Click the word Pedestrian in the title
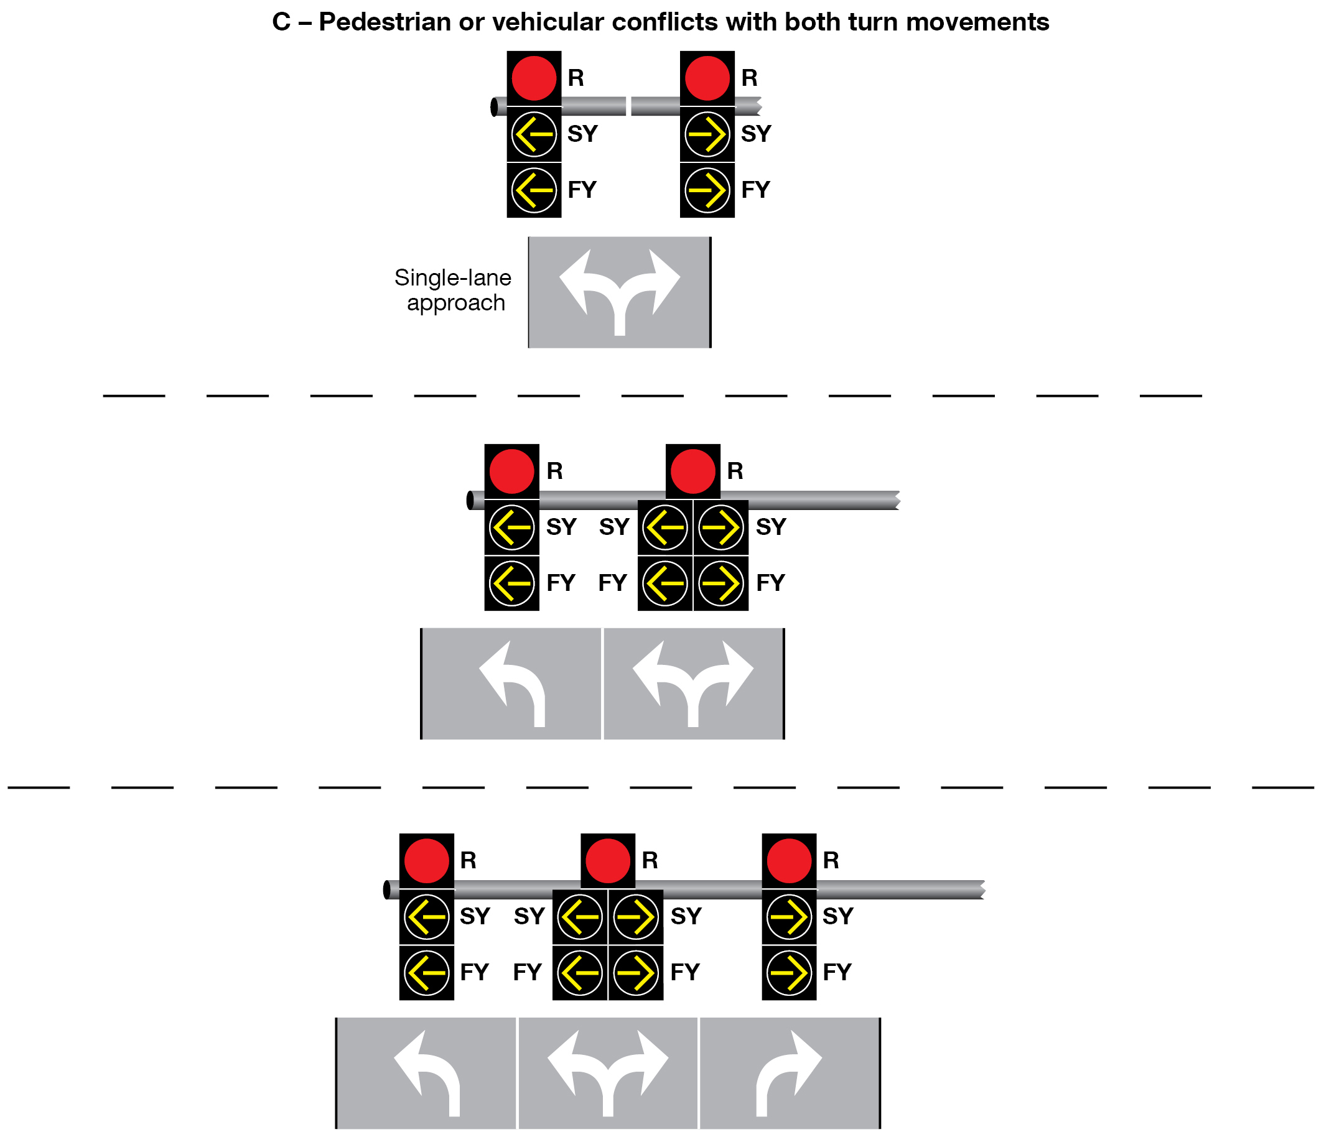tap(385, 22)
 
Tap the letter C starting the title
tap(281, 22)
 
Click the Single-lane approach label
tap(453, 290)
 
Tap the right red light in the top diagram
tap(707, 78)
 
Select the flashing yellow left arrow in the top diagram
tap(534, 190)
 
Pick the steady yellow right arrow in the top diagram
tap(707, 134)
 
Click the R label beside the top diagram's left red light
tap(576, 78)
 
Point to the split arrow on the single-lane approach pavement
tap(619, 290)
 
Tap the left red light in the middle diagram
tap(511, 471)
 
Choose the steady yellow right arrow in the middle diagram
tap(720, 527)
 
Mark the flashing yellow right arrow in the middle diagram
tap(720, 583)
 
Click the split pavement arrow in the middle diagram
tap(693, 682)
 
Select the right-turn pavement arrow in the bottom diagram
tap(788, 1072)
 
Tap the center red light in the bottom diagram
tap(608, 860)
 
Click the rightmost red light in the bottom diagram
tap(789, 860)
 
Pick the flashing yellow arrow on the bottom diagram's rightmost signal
tap(789, 972)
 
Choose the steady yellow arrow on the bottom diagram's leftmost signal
tap(426, 917)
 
